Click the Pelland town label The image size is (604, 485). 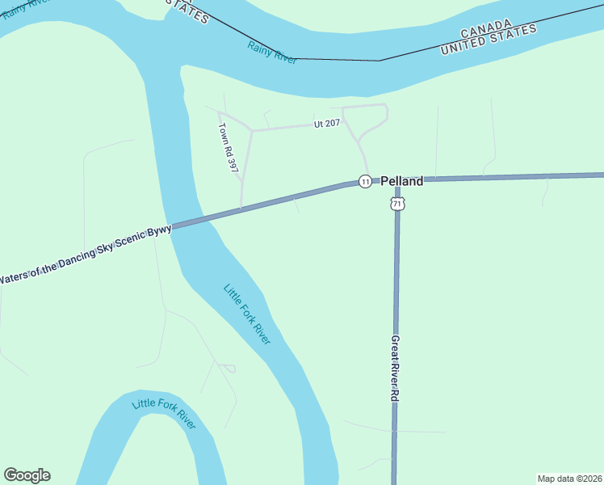[x=401, y=182]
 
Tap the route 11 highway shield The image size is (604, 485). [x=365, y=182]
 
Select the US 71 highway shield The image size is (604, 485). [x=396, y=205]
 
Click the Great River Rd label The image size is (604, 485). [x=395, y=369]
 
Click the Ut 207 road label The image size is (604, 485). [x=327, y=123]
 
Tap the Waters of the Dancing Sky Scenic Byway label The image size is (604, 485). [x=85, y=254]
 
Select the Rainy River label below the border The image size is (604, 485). [x=272, y=53]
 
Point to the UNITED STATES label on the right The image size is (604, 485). [x=489, y=40]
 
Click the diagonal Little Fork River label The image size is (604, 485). [x=246, y=314]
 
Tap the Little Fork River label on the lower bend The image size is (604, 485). [x=164, y=413]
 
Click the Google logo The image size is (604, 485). [x=27, y=475]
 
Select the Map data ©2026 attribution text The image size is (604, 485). [x=568, y=478]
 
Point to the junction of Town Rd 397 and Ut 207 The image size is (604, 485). [x=252, y=130]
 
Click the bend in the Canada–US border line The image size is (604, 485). [x=379, y=61]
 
